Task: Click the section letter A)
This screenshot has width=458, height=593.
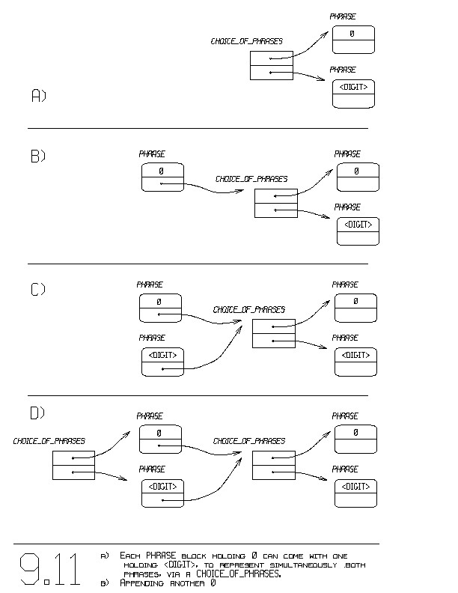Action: click(x=38, y=95)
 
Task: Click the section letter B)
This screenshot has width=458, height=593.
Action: click(x=38, y=156)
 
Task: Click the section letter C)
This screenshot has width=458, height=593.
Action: click(x=38, y=290)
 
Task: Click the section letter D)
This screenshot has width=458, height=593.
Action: click(x=37, y=413)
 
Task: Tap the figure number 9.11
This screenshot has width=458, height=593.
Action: click(x=50, y=571)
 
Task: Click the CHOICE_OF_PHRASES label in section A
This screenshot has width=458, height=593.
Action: click(x=246, y=41)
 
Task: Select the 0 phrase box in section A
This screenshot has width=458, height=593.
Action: click(x=352, y=40)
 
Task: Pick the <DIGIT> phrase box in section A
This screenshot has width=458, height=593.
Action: click(x=352, y=94)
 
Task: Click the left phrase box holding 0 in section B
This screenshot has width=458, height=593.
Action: click(x=162, y=177)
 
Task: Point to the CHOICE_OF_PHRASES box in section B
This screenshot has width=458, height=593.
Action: click(x=276, y=203)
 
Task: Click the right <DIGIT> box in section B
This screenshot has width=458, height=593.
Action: click(x=358, y=231)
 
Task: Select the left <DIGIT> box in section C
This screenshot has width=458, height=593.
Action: click(x=163, y=361)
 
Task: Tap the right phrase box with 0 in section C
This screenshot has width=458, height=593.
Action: click(x=355, y=307)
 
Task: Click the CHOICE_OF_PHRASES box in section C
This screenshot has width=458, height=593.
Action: click(x=274, y=333)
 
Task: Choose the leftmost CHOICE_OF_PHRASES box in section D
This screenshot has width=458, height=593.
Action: click(x=73, y=465)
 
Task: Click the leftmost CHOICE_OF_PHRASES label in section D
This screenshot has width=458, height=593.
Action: click(x=49, y=442)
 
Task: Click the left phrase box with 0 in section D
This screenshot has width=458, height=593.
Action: click(x=160, y=439)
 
